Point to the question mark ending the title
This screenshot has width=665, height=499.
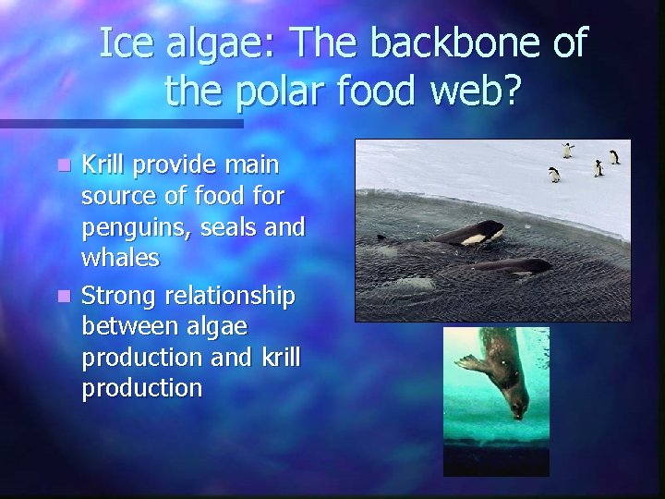511,90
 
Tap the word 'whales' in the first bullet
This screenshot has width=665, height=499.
120,258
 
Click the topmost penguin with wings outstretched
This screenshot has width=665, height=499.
568,150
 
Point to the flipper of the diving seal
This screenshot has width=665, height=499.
471,361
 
